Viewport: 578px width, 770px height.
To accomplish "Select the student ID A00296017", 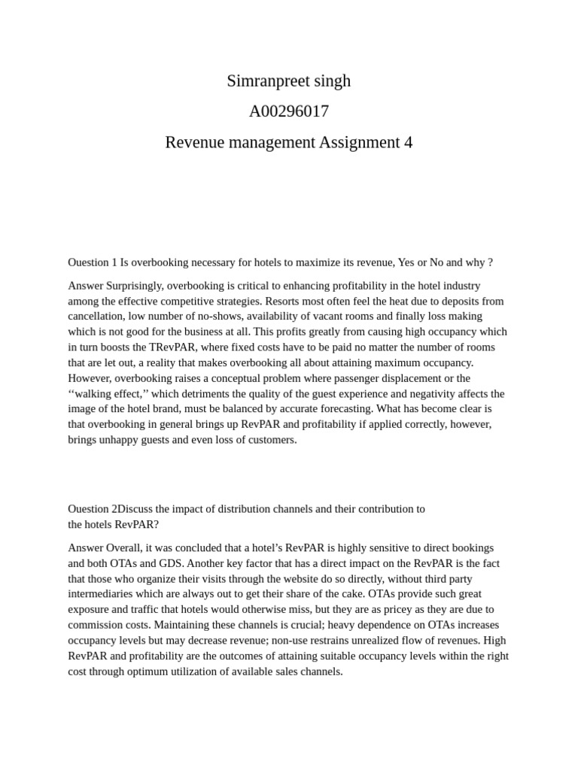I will pos(289,112).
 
